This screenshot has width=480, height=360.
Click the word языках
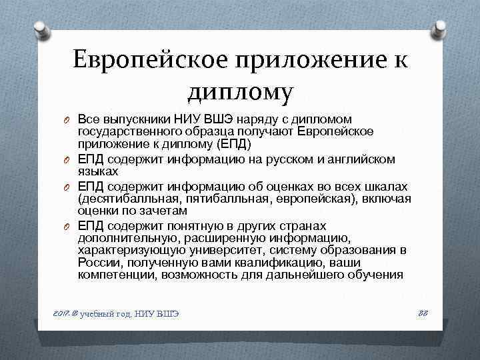[98, 171]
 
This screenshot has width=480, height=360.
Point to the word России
[97, 263]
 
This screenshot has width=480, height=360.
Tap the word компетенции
[115, 275]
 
